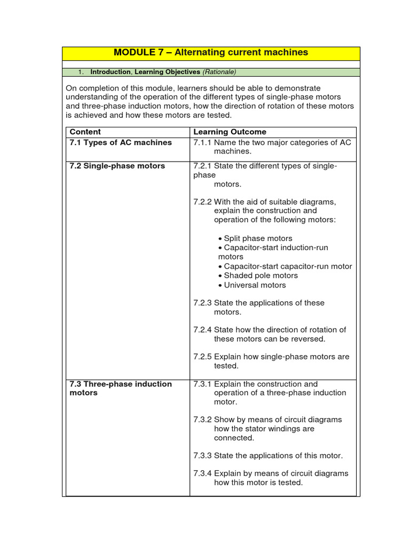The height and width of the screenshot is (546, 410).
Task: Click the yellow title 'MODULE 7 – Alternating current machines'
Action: click(211, 53)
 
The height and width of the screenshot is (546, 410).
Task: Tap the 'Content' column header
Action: click(85, 132)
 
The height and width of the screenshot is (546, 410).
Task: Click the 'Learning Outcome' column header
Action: click(230, 132)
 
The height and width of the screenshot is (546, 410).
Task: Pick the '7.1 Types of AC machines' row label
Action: click(121, 142)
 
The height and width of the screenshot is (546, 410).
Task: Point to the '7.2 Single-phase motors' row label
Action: click(117, 166)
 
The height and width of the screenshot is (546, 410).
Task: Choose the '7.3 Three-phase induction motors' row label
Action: click(121, 388)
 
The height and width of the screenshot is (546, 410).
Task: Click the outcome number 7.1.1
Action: click(202, 142)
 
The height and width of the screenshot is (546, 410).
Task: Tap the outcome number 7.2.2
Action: click(202, 202)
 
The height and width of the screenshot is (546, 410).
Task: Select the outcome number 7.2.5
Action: click(202, 357)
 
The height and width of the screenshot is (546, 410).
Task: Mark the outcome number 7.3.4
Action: click(202, 473)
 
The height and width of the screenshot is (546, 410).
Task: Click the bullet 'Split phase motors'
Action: click(258, 238)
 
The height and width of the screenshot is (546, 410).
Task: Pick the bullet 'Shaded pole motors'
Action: click(261, 276)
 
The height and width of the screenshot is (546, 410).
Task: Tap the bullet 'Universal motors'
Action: click(255, 285)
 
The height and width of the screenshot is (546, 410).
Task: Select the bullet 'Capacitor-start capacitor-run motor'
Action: click(288, 267)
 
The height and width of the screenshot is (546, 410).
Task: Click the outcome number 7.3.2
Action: click(202, 420)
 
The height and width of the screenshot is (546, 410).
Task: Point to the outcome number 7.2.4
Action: click(202, 330)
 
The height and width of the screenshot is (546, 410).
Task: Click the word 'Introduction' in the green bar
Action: click(111, 72)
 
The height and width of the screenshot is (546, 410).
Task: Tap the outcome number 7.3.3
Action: click(202, 456)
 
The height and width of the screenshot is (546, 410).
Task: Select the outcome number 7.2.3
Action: click(202, 303)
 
